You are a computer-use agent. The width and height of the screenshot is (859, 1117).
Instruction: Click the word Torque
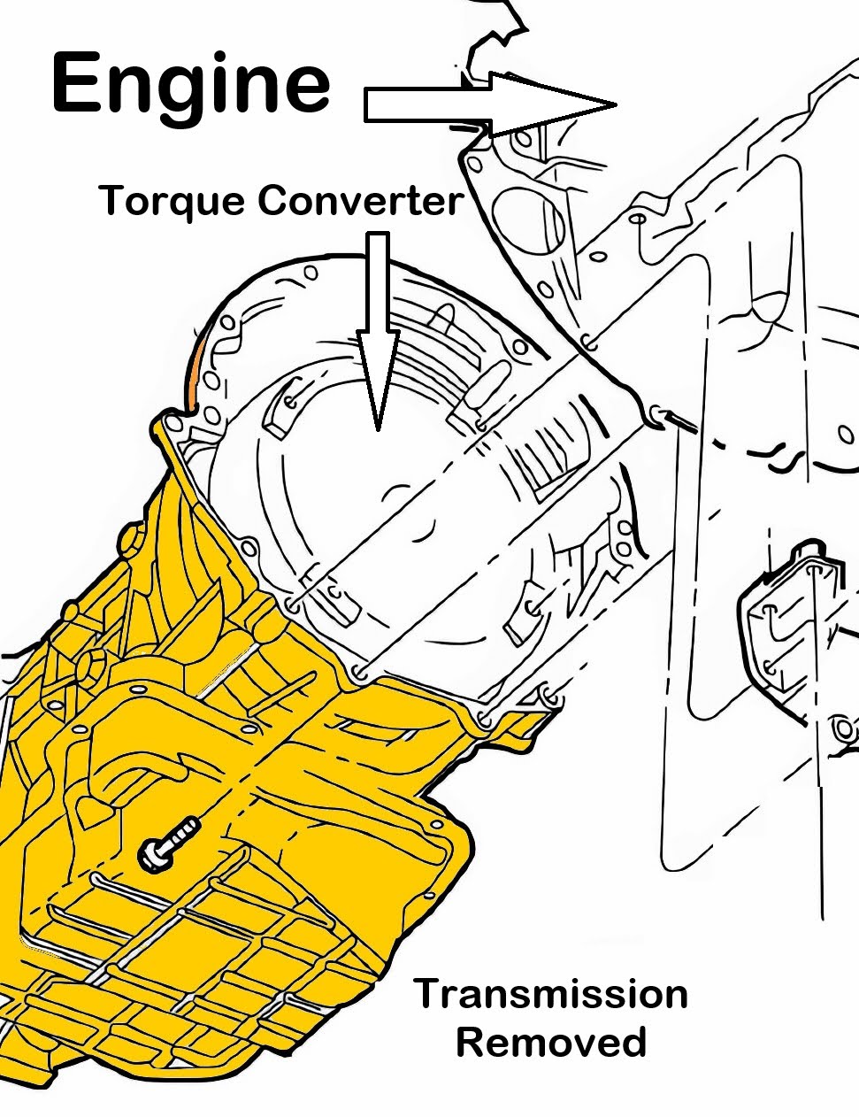[172, 202]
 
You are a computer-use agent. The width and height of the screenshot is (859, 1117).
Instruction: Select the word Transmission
[550, 994]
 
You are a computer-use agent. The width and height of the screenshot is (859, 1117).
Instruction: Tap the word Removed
[550, 1043]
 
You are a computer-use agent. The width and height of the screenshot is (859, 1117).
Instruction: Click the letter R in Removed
[470, 1043]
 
